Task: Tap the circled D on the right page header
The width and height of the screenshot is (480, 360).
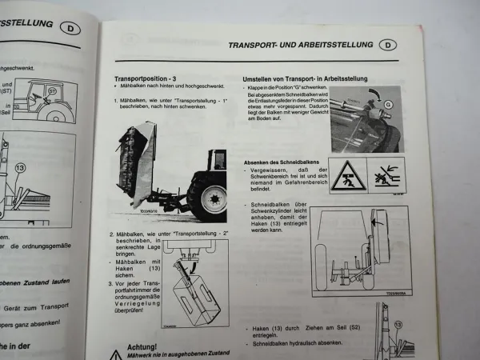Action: [387, 45]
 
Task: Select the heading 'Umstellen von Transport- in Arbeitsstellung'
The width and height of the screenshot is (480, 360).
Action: [305, 78]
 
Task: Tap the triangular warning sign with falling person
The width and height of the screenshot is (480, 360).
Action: [347, 176]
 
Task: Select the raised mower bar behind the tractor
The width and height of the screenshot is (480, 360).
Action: [134, 172]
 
